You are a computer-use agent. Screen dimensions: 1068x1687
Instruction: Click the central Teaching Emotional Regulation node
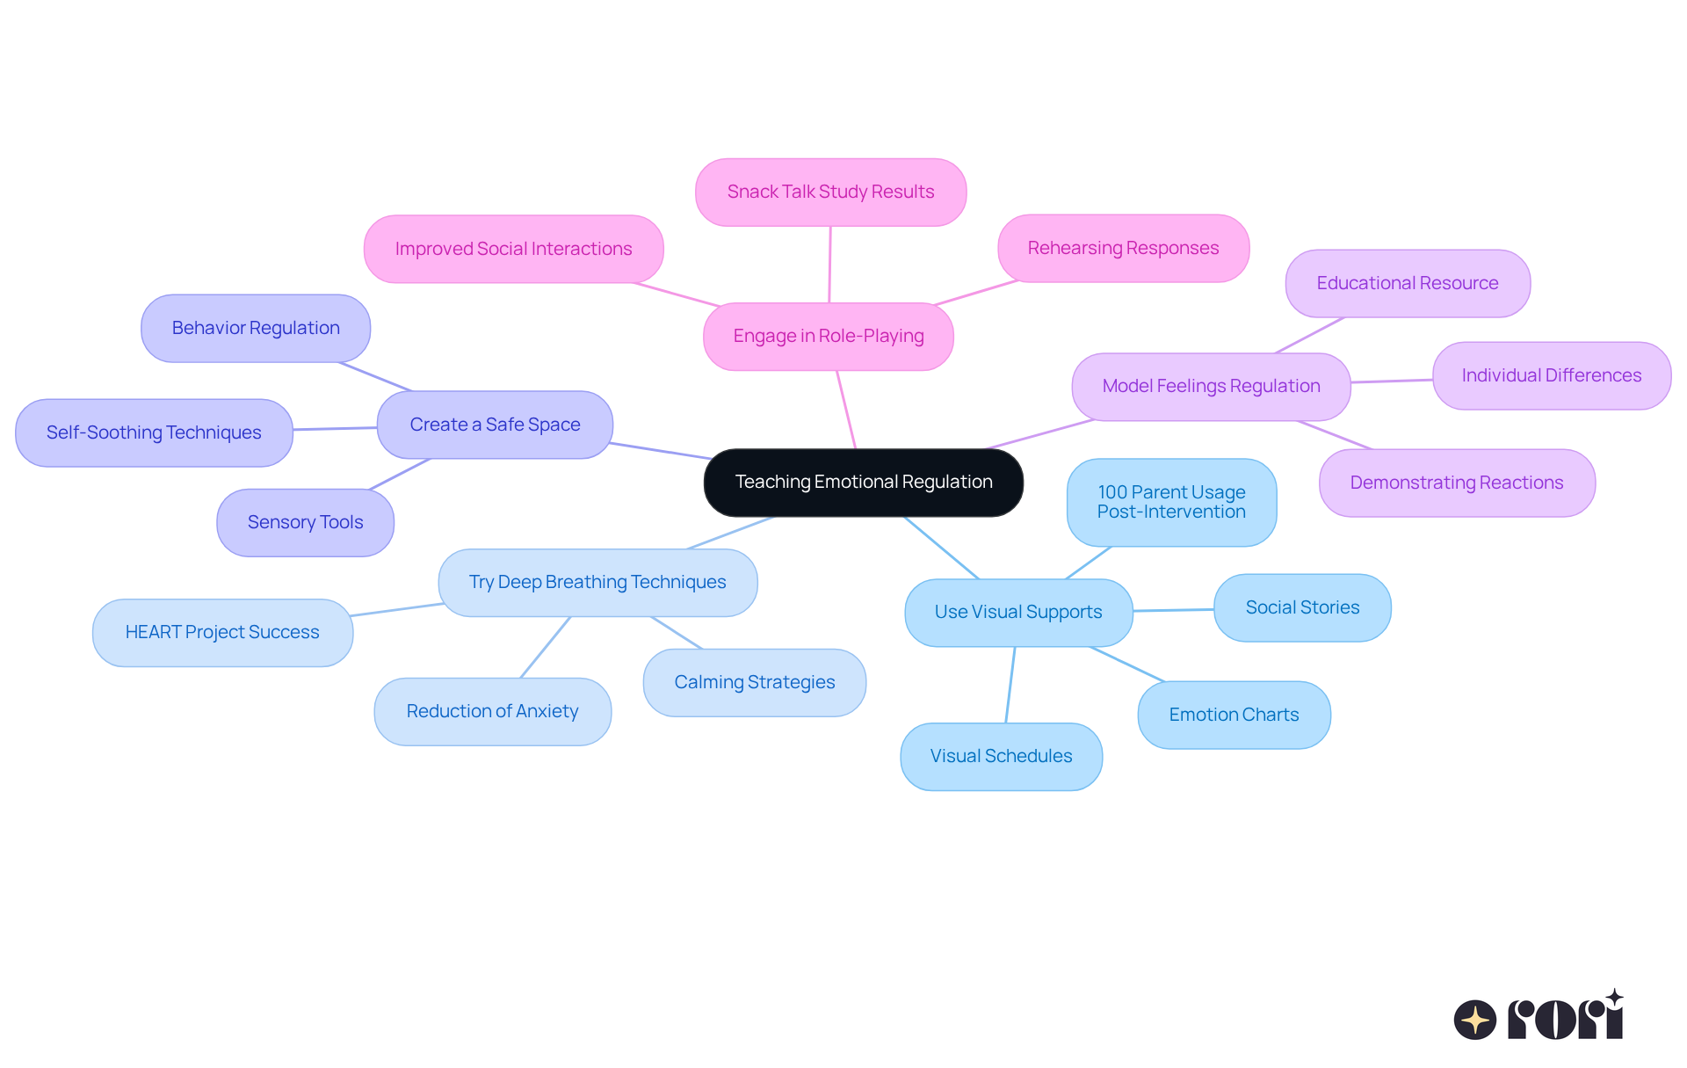pyautogui.click(x=863, y=483)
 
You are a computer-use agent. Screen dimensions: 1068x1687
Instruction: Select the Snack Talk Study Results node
pyautogui.click(x=830, y=192)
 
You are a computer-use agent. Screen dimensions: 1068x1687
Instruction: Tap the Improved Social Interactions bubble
pyautogui.click(x=513, y=249)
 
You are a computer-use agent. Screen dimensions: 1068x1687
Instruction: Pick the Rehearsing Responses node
pyautogui.click(x=1123, y=248)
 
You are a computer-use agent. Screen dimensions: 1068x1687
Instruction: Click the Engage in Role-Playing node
pyautogui.click(x=828, y=336)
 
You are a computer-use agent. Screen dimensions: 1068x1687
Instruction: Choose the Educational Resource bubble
pyautogui.click(x=1407, y=283)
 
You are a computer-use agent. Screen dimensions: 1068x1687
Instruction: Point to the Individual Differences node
pyautogui.click(x=1551, y=375)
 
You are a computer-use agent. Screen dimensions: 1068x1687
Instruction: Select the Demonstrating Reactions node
pyautogui.click(x=1456, y=483)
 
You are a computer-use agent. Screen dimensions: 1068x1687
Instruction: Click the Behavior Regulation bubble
pyautogui.click(x=256, y=328)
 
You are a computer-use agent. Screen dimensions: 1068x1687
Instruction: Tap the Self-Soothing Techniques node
pyautogui.click(x=154, y=432)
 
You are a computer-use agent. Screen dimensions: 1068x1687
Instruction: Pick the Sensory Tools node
pyautogui.click(x=305, y=522)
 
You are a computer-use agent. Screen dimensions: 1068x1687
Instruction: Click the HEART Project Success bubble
pyautogui.click(x=222, y=632)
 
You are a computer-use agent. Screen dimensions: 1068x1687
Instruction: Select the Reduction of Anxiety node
pyautogui.click(x=492, y=711)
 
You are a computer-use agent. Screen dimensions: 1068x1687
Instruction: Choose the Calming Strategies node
pyautogui.click(x=754, y=682)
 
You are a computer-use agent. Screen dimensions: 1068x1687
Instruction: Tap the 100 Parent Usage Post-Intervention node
pyautogui.click(x=1171, y=502)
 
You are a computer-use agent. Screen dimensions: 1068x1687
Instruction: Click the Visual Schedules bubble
pyautogui.click(x=1001, y=756)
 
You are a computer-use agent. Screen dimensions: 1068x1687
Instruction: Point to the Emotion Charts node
pyautogui.click(x=1234, y=715)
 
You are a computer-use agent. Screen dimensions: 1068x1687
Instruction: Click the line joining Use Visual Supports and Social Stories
pyautogui.click(x=1173, y=610)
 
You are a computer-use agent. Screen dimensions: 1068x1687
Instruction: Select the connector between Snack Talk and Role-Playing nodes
pyautogui.click(x=829, y=265)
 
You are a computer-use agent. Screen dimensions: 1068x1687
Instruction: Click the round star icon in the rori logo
pyautogui.click(x=1474, y=1020)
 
